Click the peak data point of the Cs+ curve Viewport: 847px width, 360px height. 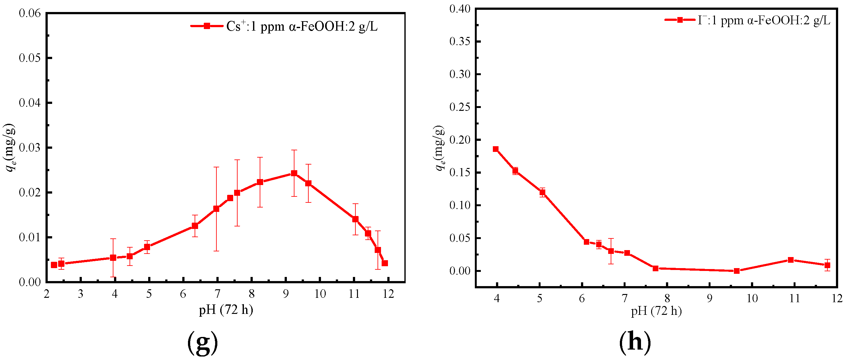tap(294, 173)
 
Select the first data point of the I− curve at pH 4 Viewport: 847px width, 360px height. tap(495, 149)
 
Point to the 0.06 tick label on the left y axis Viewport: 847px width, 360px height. tap(30, 13)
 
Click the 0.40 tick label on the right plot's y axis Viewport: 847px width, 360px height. tap(460, 9)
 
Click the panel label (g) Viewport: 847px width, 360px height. tap(203, 342)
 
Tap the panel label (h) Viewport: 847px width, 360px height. tap(635, 342)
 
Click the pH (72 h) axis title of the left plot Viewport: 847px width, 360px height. tap(226, 310)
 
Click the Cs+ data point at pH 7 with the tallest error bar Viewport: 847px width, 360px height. tap(216, 209)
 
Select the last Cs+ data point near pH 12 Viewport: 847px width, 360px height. tap(385, 263)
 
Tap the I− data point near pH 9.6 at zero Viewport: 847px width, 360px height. tap(736, 271)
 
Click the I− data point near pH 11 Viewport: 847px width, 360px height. tap(791, 260)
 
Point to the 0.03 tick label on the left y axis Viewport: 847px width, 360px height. tap(30, 147)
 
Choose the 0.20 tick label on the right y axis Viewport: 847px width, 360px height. tap(460, 140)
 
